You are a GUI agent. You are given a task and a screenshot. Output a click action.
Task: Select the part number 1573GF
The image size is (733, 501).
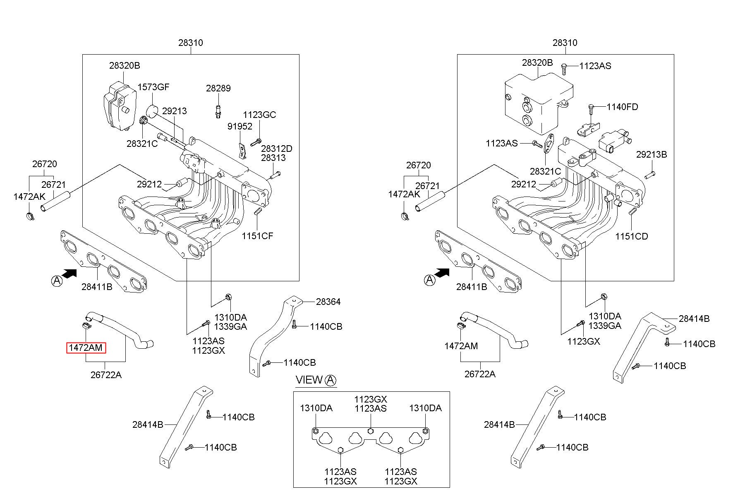pos(153,87)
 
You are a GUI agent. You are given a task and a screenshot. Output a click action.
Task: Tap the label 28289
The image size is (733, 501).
pos(218,88)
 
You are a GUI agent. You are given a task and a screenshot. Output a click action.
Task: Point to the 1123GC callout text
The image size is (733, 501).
pos(259,115)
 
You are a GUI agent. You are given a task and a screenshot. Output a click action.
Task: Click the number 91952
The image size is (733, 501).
pos(240,126)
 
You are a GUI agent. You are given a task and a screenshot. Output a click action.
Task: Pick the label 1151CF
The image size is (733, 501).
pos(258,236)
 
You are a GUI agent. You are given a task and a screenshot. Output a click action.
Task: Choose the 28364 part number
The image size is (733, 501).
pos(328,302)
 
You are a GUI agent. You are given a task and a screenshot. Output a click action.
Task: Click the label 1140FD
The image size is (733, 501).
pos(623,107)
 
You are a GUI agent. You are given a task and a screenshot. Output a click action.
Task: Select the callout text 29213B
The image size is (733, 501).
pos(652,154)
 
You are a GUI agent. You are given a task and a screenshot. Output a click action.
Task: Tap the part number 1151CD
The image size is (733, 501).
pos(632,236)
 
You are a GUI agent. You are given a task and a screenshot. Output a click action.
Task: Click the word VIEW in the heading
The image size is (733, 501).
pos(309,380)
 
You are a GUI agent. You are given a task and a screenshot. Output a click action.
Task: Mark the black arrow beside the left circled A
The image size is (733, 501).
pos(69,273)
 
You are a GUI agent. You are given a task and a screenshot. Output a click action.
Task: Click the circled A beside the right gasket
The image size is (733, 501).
pos(430,280)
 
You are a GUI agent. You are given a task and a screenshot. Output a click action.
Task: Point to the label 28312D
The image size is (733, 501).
pos(277,149)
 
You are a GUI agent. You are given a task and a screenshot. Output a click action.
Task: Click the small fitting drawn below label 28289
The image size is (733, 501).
pos(218,111)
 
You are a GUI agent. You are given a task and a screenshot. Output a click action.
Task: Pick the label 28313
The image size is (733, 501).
pos(273,158)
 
